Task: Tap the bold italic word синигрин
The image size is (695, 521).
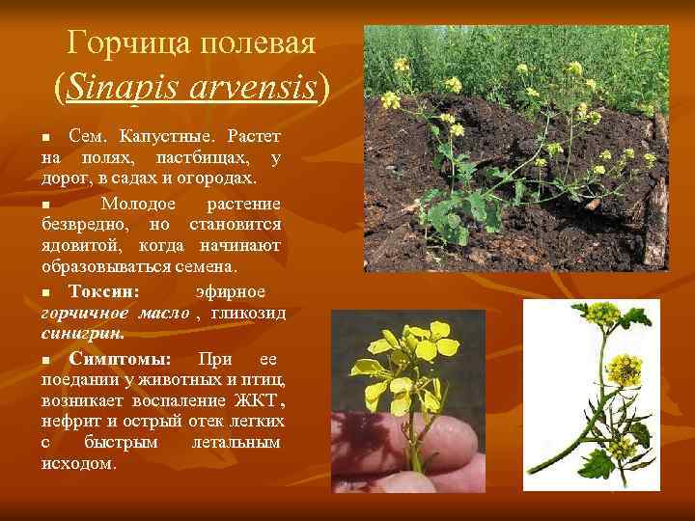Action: pyautogui.click(x=83, y=336)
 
